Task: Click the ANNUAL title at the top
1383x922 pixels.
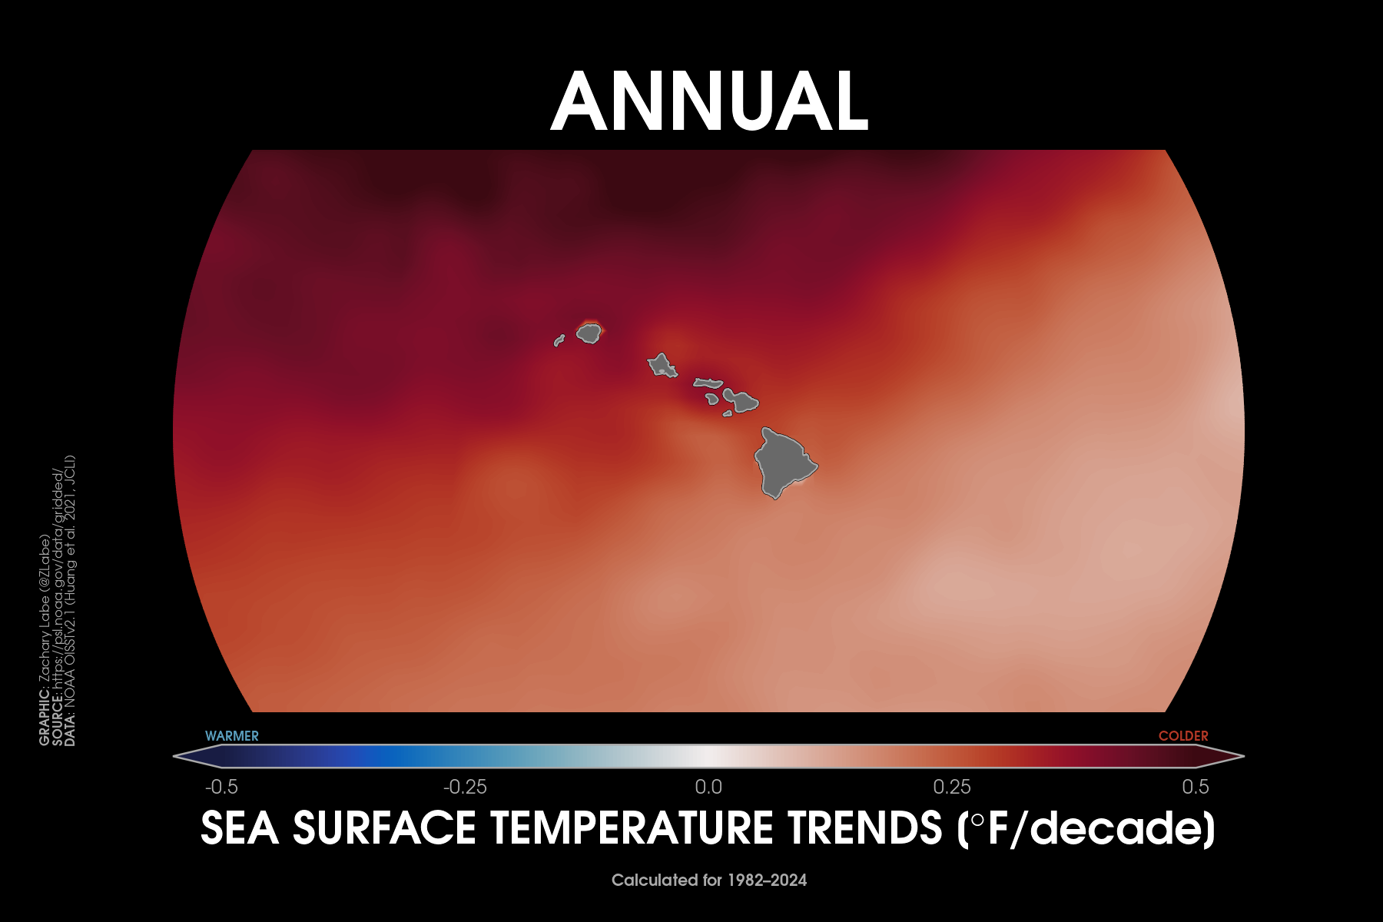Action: click(710, 101)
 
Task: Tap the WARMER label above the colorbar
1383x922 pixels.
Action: click(232, 736)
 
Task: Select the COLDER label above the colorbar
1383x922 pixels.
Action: click(1183, 736)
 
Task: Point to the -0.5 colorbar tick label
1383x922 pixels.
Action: click(221, 787)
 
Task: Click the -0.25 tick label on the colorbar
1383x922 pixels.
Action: click(465, 787)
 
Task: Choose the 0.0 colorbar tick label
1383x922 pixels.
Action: click(708, 787)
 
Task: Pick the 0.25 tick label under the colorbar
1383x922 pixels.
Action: click(952, 787)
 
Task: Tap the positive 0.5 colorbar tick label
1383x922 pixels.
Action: click(1196, 787)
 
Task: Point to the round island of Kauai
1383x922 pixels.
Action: click(589, 333)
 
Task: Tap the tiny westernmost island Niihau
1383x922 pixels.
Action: click(559, 340)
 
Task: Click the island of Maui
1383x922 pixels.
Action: click(741, 400)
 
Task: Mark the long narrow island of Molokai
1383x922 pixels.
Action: click(708, 382)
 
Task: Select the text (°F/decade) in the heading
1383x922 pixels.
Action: click(1086, 828)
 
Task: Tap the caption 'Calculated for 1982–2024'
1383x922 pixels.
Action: click(709, 881)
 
